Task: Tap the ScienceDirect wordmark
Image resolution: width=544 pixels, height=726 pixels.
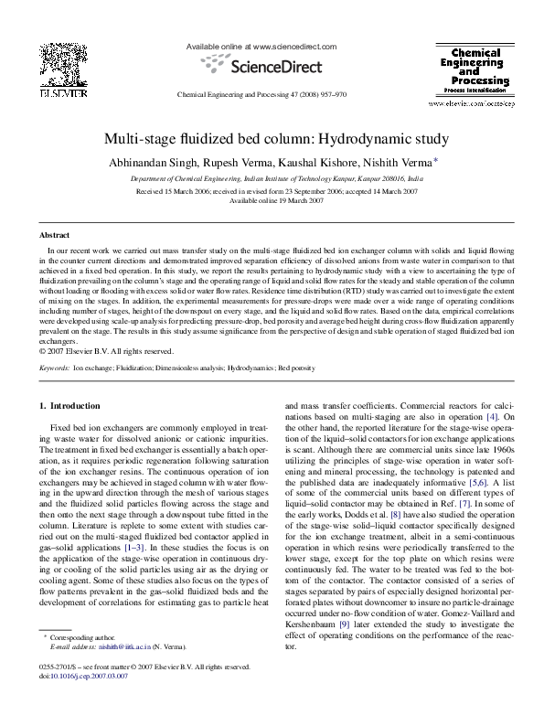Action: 271,66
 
